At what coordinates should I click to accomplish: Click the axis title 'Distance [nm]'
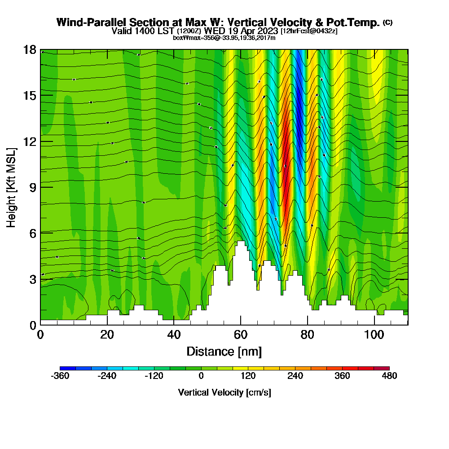224,351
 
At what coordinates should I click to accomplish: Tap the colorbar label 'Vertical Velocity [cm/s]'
224,392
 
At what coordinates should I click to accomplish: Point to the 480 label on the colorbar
389,376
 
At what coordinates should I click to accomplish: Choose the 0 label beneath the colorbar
201,376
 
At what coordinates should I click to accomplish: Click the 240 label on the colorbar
295,376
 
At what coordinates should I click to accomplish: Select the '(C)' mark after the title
387,22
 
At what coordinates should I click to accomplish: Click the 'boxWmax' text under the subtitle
185,38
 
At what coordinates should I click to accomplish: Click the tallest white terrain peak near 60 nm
241,242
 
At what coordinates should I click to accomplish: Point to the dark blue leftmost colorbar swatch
68,368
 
